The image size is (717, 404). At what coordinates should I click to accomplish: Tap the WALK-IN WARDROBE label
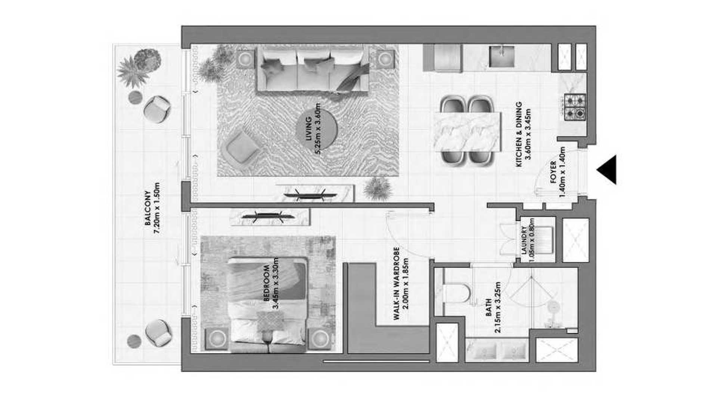click(401, 284)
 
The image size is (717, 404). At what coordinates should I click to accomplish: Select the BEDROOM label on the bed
click(271, 283)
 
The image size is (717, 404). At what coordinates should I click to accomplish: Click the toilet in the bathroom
click(457, 293)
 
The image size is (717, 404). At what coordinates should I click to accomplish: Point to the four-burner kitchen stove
click(575, 107)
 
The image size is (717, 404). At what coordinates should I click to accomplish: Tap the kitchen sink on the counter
click(502, 57)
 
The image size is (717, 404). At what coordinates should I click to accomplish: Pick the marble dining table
click(468, 131)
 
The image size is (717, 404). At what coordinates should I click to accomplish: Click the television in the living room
click(310, 195)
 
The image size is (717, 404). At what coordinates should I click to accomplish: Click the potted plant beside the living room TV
click(378, 188)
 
